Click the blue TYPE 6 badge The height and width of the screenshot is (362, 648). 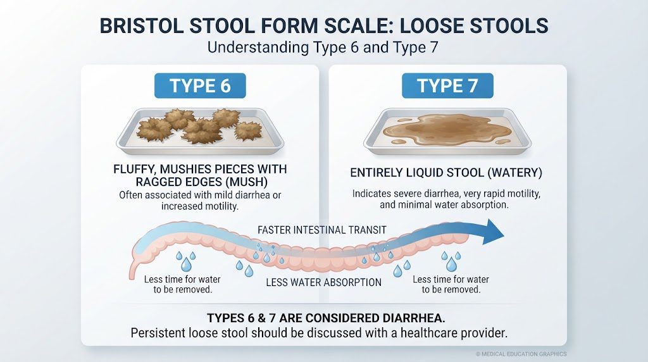[200, 85]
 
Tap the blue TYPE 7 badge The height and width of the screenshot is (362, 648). [447, 85]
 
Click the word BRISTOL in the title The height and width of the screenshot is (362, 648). [141, 25]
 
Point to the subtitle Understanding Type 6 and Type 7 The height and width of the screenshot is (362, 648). [322, 47]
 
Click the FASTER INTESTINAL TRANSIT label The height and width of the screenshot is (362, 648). [322, 230]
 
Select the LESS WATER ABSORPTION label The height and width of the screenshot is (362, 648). [323, 283]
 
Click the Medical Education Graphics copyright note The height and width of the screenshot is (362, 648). [521, 354]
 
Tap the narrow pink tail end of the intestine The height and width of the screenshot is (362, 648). [132, 271]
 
